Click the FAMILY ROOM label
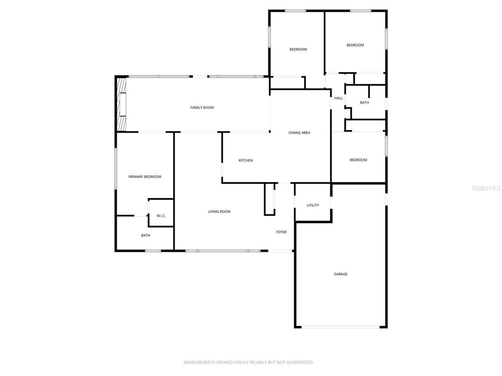202,108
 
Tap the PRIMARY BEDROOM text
145,177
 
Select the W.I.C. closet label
161,216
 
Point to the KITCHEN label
246,161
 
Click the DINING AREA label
299,133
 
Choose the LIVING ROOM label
219,212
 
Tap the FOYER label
281,232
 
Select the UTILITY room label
313,205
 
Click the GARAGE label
340,274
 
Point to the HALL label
338,98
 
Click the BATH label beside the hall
364,103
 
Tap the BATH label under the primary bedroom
146,235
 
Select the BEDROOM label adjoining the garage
358,160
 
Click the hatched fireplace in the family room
122,104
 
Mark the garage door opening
340,327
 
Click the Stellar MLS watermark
486,188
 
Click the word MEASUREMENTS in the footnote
199,363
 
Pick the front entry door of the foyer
280,251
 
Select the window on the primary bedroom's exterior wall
115,168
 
